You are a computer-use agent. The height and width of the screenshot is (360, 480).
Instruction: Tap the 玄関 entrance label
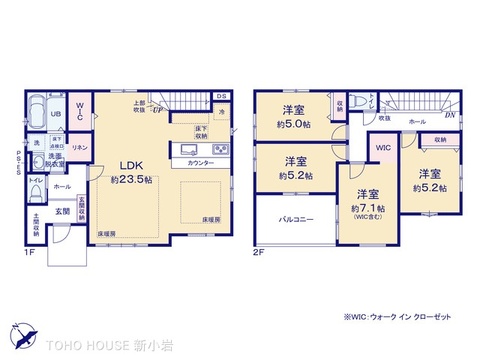tap(62, 211)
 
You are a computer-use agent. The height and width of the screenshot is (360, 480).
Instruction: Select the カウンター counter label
tap(199, 162)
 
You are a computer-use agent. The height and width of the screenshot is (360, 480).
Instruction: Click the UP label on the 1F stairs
tap(157, 110)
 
